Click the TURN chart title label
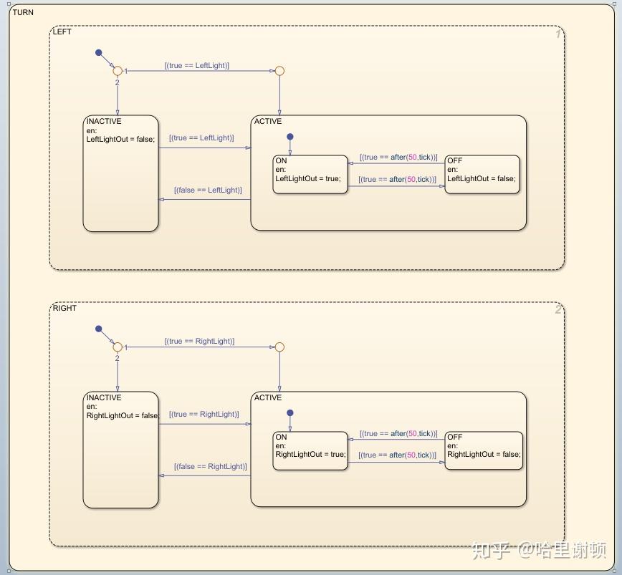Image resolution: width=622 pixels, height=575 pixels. click(x=23, y=13)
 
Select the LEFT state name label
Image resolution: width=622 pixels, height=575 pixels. click(x=62, y=32)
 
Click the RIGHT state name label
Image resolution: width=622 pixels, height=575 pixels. click(x=64, y=309)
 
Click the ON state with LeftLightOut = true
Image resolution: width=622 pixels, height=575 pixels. click(x=310, y=174)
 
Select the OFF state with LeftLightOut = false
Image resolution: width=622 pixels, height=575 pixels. click(x=482, y=174)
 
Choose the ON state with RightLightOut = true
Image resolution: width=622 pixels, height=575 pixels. click(x=310, y=450)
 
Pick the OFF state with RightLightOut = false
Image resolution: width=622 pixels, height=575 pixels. click(x=484, y=450)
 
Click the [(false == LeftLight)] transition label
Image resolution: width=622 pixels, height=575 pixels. click(x=208, y=190)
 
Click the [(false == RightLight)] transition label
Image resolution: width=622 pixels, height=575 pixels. click(x=210, y=467)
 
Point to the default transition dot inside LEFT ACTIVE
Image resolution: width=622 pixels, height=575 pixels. click(x=290, y=136)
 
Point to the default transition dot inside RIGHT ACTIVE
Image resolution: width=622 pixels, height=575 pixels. click(x=290, y=412)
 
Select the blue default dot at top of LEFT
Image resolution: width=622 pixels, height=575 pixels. click(x=99, y=52)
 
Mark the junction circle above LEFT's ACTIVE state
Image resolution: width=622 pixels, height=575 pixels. click(x=279, y=71)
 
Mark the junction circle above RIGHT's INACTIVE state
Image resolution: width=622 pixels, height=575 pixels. click(x=118, y=347)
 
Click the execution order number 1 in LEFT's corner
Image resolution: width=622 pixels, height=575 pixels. click(x=558, y=34)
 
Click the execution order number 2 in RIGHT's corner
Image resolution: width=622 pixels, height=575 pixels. click(x=558, y=310)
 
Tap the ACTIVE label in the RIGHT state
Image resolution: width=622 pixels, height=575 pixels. click(x=268, y=398)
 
